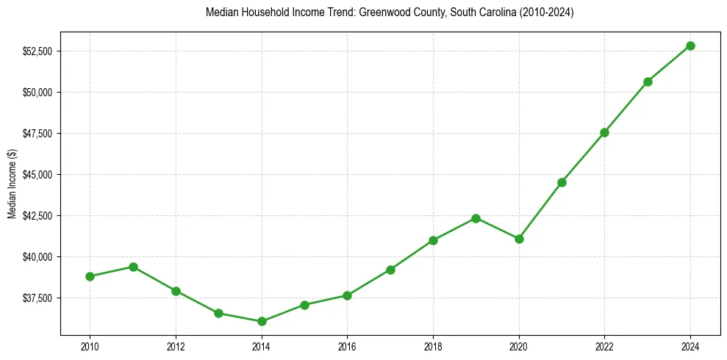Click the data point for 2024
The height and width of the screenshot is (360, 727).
point(690,46)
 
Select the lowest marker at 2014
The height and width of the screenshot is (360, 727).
point(262,321)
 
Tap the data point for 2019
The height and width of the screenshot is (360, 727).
point(476,218)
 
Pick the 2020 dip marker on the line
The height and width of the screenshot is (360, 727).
point(519,239)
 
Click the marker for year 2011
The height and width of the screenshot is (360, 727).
point(133,267)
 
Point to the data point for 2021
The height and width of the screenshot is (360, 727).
point(562,182)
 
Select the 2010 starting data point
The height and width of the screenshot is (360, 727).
point(90,276)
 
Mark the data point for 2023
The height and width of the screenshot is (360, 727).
point(648,82)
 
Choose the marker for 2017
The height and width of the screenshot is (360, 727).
point(390,270)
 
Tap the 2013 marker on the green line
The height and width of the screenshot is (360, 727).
point(218,313)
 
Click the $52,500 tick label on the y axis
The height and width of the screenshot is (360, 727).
point(37,51)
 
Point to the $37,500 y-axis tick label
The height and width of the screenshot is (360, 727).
point(37,298)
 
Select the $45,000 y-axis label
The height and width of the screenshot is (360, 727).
point(37,175)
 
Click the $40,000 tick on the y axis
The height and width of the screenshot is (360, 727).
point(37,257)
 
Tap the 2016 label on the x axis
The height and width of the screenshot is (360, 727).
point(347,346)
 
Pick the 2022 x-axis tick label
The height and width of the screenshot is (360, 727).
point(604,346)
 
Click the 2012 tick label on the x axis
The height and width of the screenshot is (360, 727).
point(176,346)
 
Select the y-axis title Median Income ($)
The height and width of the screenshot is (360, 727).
point(12,184)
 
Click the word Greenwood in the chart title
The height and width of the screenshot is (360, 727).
point(385,13)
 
